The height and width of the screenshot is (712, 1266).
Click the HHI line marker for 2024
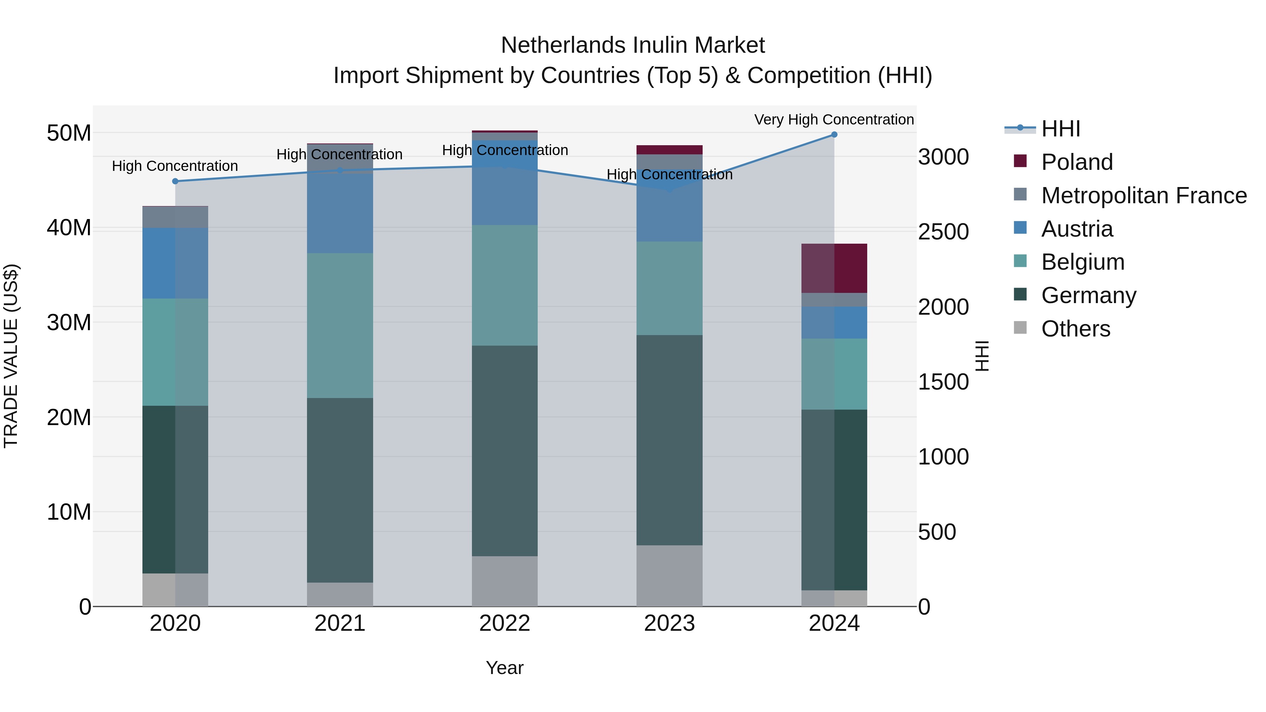click(834, 135)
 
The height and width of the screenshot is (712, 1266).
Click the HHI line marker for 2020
click(175, 181)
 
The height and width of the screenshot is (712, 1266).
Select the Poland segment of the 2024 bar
click(834, 268)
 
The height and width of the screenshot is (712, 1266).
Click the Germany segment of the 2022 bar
click(505, 451)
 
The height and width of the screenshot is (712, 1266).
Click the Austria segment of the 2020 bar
click(175, 263)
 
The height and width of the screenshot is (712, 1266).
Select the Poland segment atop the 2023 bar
click(669, 150)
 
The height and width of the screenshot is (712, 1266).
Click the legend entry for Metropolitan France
click(1144, 195)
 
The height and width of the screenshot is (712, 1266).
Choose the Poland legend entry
click(1077, 162)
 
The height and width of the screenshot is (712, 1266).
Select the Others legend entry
click(1075, 329)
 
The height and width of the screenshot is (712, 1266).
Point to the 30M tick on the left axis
click(69, 323)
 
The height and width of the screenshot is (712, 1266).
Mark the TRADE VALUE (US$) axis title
click(11, 356)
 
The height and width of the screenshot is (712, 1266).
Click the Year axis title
click(505, 668)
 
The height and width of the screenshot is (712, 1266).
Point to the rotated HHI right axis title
click(982, 356)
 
